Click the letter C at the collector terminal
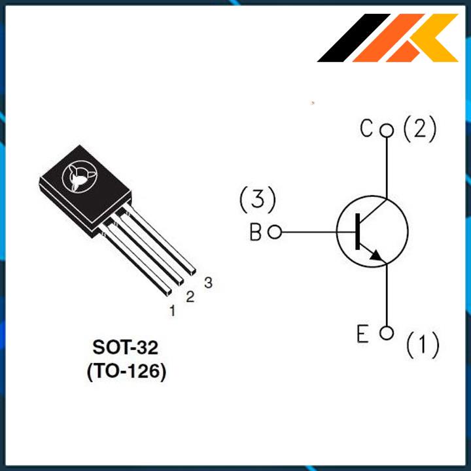(366, 128)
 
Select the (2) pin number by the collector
(419, 129)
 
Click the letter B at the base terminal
(255, 232)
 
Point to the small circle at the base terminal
(275, 232)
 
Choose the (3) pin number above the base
(258, 199)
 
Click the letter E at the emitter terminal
(362, 334)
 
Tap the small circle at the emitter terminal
(387, 333)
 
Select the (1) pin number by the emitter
(423, 345)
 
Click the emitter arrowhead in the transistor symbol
(376, 256)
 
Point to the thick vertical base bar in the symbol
(357, 232)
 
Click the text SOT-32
(125, 347)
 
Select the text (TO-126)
(126, 372)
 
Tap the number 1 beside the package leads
(173, 311)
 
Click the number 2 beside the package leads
(190, 296)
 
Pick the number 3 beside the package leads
(208, 283)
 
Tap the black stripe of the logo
(354, 38)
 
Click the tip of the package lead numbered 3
(192, 272)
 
